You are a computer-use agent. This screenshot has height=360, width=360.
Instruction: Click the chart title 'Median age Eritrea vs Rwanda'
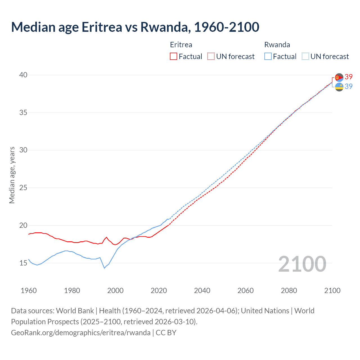pyautogui.click(x=135, y=27)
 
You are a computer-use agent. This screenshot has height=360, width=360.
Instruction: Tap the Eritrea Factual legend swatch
pyautogui.click(x=174, y=57)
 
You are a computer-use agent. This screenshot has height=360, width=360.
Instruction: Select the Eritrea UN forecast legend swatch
pyautogui.click(x=211, y=57)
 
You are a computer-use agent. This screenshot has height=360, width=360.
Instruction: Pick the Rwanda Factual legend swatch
pyautogui.click(x=268, y=57)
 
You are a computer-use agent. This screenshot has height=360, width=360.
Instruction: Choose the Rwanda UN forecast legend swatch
pyautogui.click(x=305, y=57)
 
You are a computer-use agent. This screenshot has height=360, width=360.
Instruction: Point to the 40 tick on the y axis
pyautogui.click(x=23, y=75)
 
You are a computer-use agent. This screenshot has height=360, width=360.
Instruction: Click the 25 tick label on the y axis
pyautogui.click(x=23, y=188)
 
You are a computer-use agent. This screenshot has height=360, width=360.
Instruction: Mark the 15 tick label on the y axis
pyautogui.click(x=23, y=263)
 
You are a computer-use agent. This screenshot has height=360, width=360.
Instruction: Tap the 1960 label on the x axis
pyautogui.click(x=29, y=291)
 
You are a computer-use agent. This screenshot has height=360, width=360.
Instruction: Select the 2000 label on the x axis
pyautogui.click(x=115, y=291)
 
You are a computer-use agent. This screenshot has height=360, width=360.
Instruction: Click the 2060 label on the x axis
pyautogui.click(x=246, y=291)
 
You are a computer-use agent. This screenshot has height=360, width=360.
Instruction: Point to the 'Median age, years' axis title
pyautogui.click(x=12, y=175)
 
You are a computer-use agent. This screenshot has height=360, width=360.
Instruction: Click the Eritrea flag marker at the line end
pyautogui.click(x=339, y=77)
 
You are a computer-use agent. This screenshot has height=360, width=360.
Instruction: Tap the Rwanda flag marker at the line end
pyautogui.click(x=339, y=87)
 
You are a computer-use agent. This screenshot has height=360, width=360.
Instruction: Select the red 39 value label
pyautogui.click(x=349, y=77)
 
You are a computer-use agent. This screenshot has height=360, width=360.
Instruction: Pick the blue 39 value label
pyautogui.click(x=349, y=86)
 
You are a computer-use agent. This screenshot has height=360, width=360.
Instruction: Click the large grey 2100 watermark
pyautogui.click(x=302, y=264)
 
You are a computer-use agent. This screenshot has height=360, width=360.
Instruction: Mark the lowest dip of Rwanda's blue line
pyautogui.click(x=104, y=268)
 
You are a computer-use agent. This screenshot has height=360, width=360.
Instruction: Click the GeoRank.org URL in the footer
pyautogui.click(x=81, y=333)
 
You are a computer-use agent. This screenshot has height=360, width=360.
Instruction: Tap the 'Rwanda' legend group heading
pyautogui.click(x=277, y=45)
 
